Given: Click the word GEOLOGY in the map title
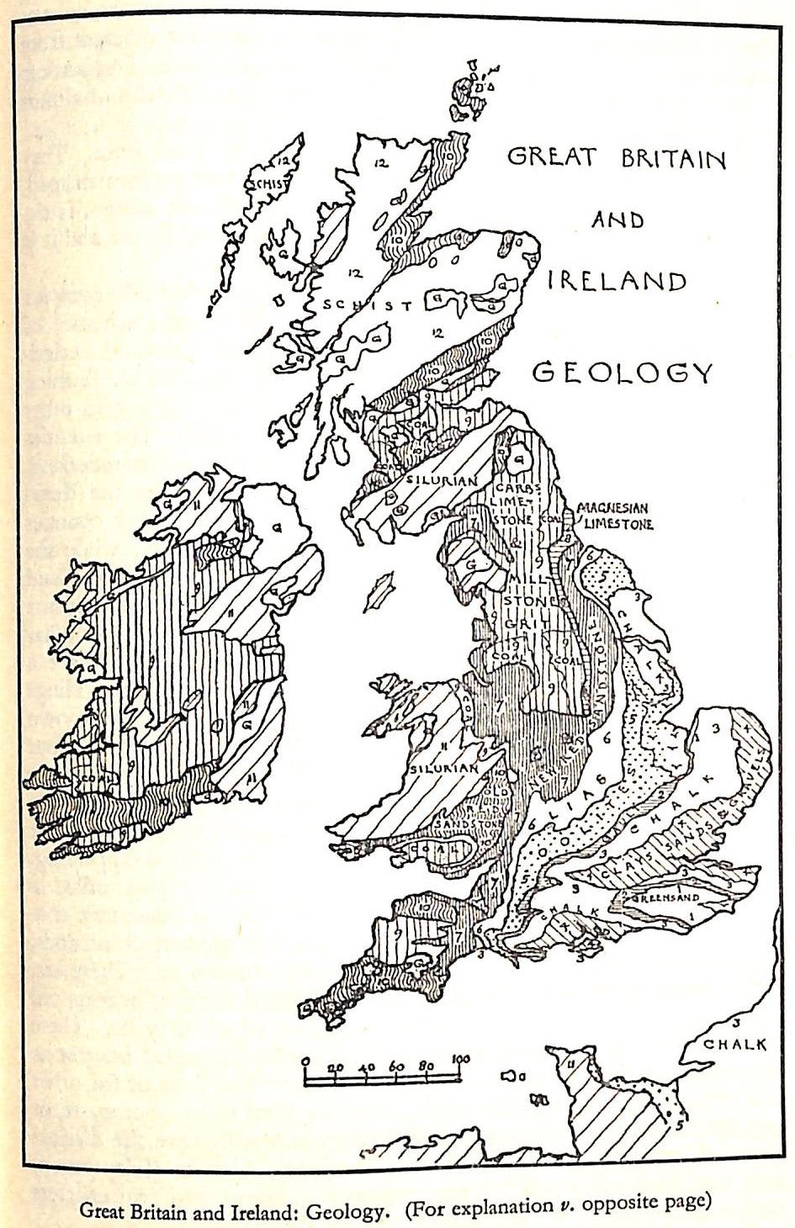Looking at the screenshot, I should [624, 370].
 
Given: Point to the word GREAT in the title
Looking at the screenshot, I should [551, 157].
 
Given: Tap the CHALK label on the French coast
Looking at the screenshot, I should [736, 1045].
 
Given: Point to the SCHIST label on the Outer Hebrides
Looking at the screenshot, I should [262, 184].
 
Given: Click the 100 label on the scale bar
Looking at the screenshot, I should [459, 1058].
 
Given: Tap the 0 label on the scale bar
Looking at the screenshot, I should [305, 1060].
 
